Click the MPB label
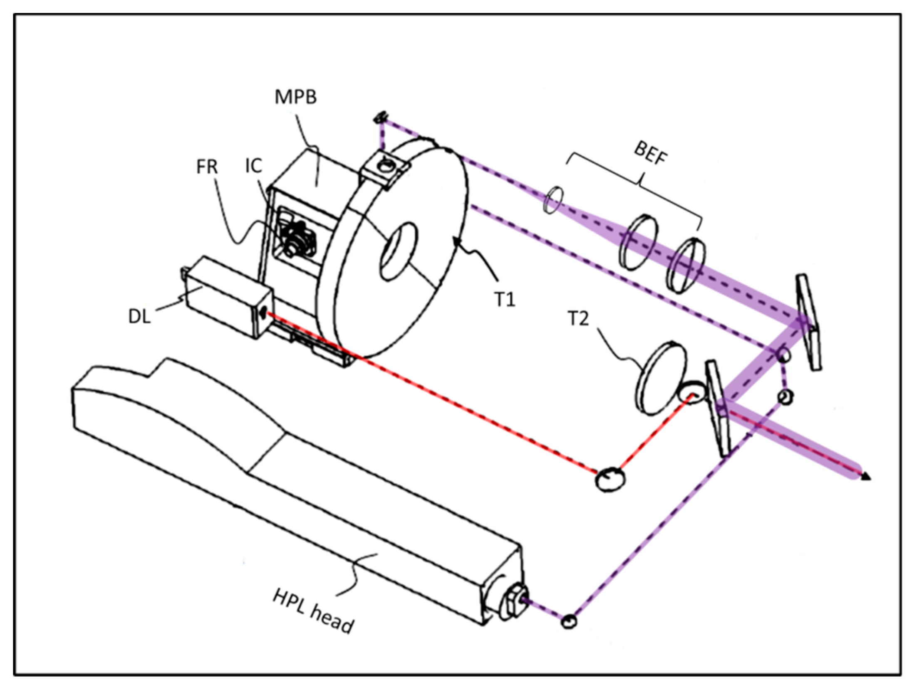click(296, 97)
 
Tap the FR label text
click(207, 167)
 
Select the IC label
click(253, 166)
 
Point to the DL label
click(139, 317)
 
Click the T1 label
click(504, 299)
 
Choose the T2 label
click(578, 319)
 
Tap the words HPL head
click(313, 612)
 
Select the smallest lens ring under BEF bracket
click(553, 200)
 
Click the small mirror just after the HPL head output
click(569, 622)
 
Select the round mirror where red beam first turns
click(610, 479)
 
